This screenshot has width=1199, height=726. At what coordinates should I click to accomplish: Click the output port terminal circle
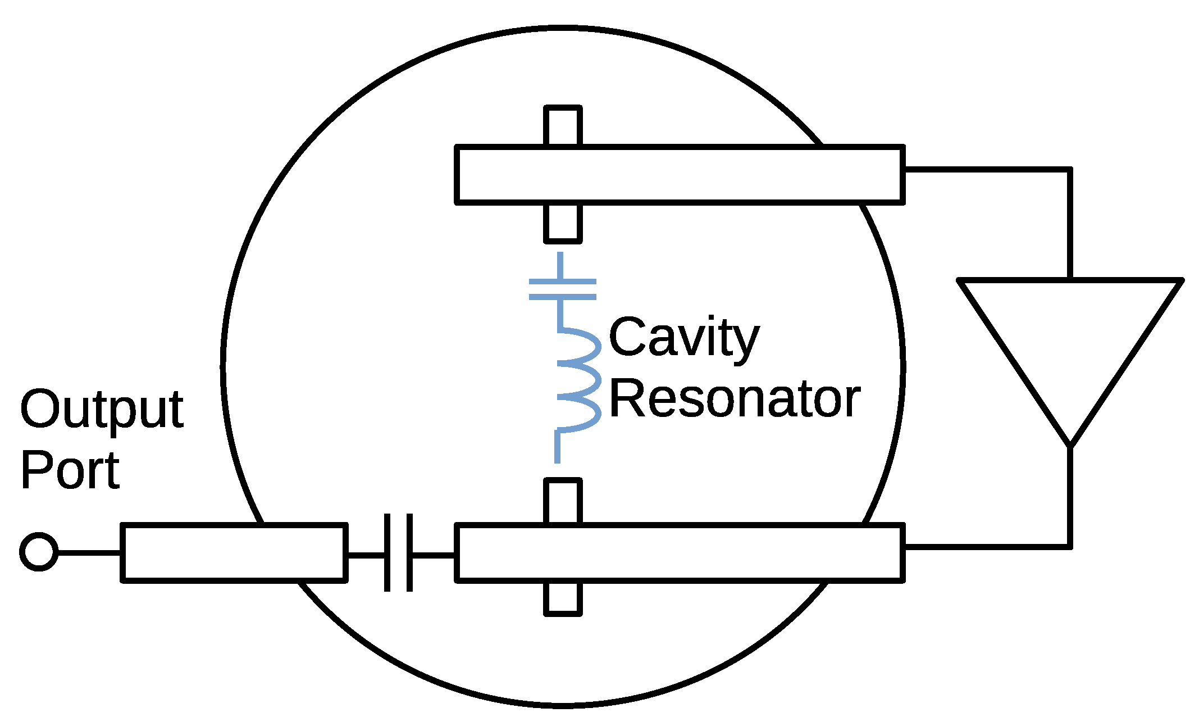point(39,551)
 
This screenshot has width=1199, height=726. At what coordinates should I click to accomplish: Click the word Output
point(102,409)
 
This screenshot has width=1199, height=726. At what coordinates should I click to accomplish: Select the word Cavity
point(683,338)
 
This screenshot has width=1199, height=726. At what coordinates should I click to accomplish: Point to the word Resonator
point(734,399)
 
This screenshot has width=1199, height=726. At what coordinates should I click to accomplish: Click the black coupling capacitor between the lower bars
point(399,553)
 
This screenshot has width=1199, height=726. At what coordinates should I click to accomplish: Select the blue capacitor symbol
point(562,288)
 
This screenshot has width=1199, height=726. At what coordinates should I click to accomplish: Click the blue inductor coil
point(578,380)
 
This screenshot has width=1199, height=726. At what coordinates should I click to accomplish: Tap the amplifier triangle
point(1070,337)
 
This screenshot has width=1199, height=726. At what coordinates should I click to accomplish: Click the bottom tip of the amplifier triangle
point(1070,444)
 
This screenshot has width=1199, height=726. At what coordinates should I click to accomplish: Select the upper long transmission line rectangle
point(680,174)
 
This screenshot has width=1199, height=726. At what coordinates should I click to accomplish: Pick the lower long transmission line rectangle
point(680,553)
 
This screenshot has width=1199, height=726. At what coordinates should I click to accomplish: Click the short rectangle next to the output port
point(234,553)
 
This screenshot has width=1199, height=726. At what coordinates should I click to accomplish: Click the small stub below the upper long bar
point(563,223)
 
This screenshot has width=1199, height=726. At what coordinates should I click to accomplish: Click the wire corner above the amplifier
point(1070,169)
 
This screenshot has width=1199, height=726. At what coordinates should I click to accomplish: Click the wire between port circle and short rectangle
point(89,553)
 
